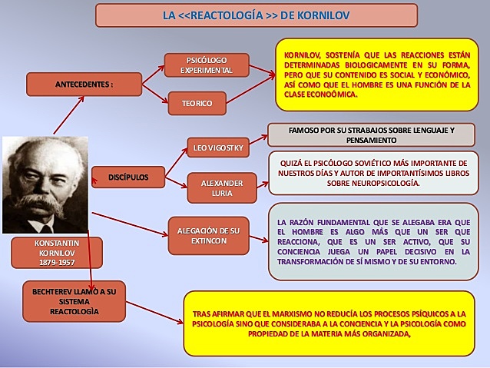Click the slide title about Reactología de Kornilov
coord(257,15)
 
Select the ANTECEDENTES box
coord(84,83)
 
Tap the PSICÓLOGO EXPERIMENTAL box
coord(207,65)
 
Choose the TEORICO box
coord(197,103)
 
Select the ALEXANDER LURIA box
coord(222,189)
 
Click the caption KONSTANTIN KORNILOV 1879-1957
coord(57,252)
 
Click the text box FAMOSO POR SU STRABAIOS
coord(371,135)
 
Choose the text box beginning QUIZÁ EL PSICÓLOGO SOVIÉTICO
coord(373,174)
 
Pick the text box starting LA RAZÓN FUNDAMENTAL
coord(373,240)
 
